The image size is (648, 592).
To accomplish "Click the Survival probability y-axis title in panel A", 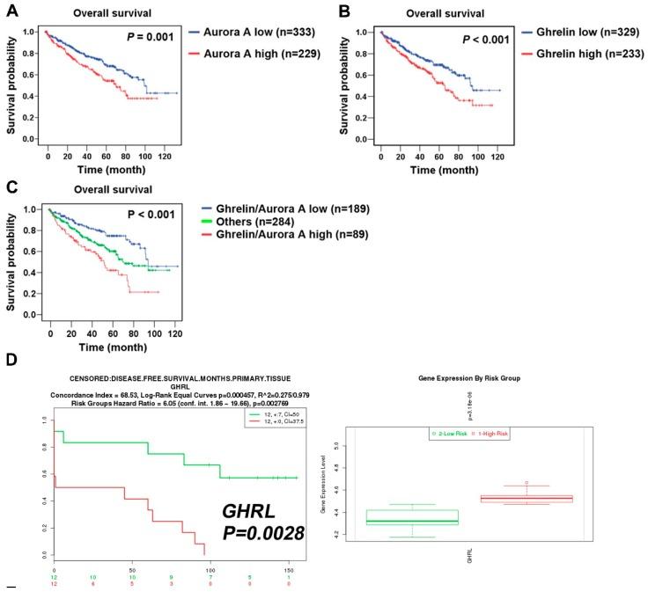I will click(x=12, y=85).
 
